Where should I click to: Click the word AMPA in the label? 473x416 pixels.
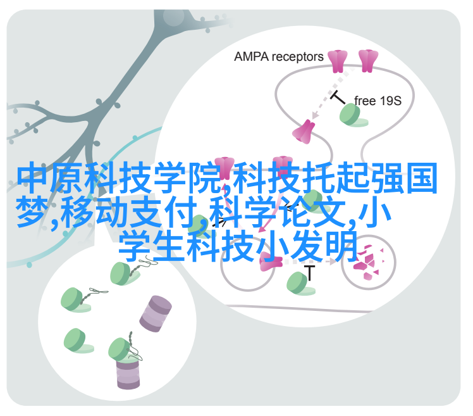click(251, 57)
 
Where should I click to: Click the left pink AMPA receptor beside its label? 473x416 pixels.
click(338, 61)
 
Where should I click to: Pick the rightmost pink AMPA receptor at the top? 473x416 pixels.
click(368, 61)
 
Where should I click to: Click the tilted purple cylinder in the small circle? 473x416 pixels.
click(156, 313)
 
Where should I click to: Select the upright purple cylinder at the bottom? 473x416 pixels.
click(128, 374)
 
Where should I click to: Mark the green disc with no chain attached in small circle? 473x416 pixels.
click(78, 341)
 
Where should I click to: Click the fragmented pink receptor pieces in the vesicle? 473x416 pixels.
click(369, 262)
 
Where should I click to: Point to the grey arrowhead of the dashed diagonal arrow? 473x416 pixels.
click(316, 115)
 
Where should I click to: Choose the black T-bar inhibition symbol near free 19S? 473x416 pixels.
click(338, 97)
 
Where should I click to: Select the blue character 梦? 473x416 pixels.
click(32, 211)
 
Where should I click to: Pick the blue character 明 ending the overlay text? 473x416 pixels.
click(341, 246)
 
